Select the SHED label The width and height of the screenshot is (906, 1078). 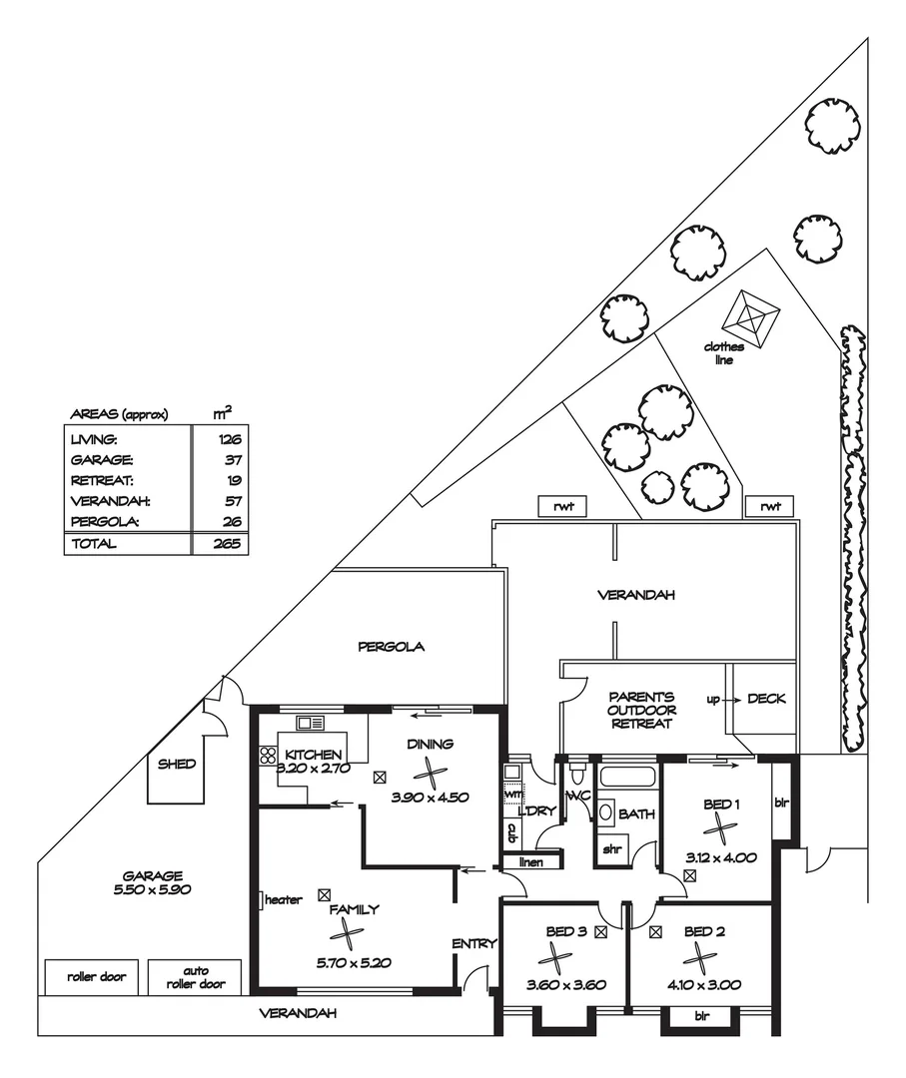[177, 765]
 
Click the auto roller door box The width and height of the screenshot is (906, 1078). [195, 976]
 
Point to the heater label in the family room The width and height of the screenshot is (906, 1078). [283, 900]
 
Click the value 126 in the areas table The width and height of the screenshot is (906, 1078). [229, 439]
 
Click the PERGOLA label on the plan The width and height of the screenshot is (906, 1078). [392, 647]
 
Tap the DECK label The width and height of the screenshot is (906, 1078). [766, 699]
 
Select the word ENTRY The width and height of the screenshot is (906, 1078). [473, 944]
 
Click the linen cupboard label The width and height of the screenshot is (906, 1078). [531, 861]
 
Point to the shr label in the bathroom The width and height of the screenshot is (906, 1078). [610, 850]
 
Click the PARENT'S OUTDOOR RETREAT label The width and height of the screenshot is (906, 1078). [642, 710]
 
